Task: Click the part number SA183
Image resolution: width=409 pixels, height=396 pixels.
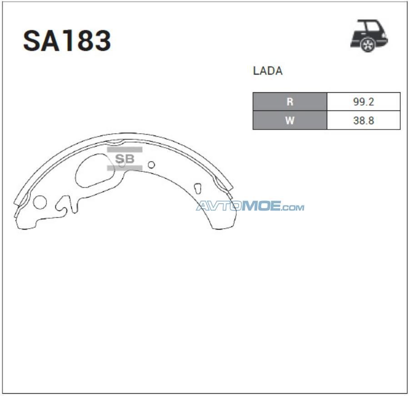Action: (67, 40)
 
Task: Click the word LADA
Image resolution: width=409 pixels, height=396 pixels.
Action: (268, 71)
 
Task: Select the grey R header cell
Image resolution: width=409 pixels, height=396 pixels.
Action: (290, 101)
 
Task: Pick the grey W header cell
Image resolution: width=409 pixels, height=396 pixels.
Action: (290, 120)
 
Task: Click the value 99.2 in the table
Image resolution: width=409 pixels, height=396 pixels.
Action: (364, 102)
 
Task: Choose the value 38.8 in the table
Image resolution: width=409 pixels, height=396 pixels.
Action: (364, 120)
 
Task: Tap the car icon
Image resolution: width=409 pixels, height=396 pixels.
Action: (369, 35)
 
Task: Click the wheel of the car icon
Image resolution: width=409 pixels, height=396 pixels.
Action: (368, 45)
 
